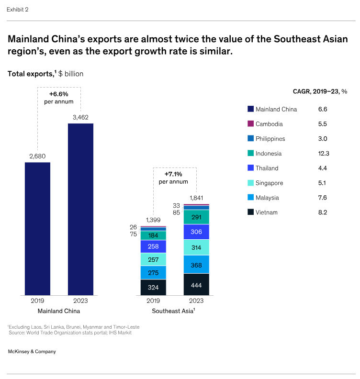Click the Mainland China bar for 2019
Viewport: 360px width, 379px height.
pos(37,229)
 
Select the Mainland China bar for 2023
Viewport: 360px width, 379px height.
pos(80,209)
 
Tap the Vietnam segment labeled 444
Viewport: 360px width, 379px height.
pos(196,284)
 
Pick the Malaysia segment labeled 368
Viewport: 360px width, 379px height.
pos(196,264)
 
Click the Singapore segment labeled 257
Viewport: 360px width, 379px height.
pos(153,259)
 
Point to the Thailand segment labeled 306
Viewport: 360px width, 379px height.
pos(196,232)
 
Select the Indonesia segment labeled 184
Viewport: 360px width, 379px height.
pos(153,235)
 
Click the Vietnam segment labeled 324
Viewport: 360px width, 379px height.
pos(153,288)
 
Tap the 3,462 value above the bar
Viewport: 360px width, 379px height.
pos(80,117)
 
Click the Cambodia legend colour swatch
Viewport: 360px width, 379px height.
pos(250,124)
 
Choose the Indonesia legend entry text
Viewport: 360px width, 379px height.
pos(269,154)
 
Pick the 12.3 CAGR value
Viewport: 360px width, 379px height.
pos(324,154)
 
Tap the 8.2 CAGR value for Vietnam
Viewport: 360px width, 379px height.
pos(323,212)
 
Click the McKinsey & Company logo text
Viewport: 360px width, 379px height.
pos(32,351)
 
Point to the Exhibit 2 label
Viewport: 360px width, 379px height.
pos(17,9)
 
